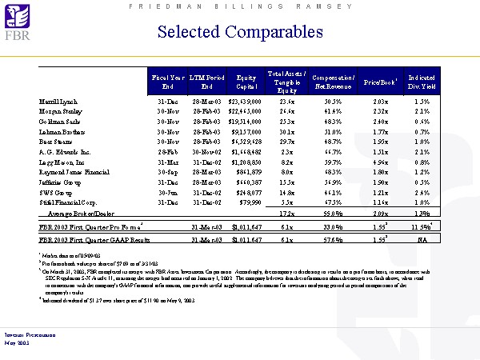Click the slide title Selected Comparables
click(x=240, y=32)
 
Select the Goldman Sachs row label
click(x=62, y=124)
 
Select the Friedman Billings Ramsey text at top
click(x=239, y=6)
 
